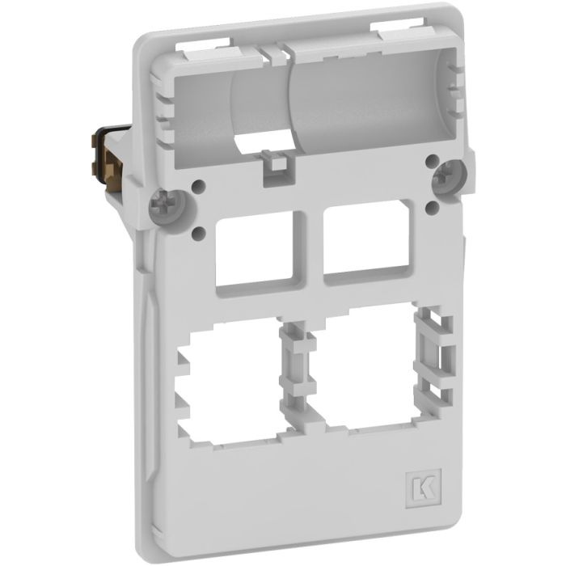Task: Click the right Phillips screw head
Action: tap(449, 175)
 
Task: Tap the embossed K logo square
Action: tap(424, 488)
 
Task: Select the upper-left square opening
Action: tap(255, 249)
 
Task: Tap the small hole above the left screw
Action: tap(199, 186)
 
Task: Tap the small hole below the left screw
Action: tap(199, 234)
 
